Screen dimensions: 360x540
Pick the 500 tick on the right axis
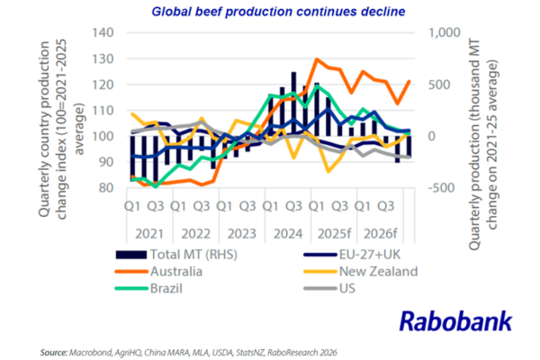[441, 85]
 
